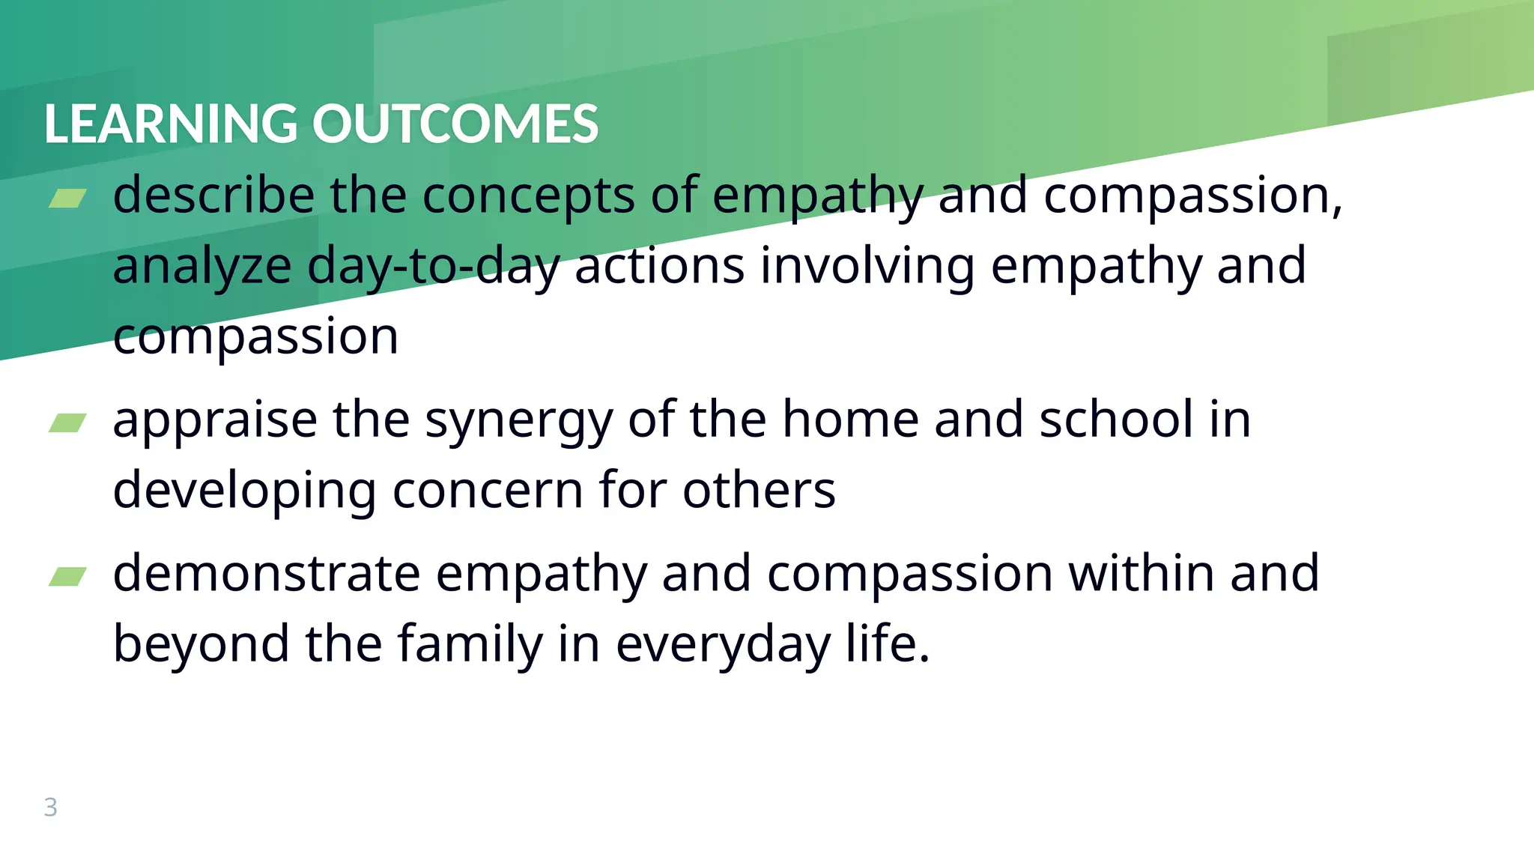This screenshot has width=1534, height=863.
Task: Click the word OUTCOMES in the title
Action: (x=455, y=124)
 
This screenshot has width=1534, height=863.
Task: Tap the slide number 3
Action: (x=50, y=808)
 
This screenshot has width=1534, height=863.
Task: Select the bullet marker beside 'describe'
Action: (x=67, y=199)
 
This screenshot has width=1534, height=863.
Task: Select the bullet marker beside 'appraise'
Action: (x=67, y=423)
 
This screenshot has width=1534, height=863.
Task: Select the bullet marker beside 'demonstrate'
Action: (x=67, y=576)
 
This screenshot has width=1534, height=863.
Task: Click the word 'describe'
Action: (x=213, y=196)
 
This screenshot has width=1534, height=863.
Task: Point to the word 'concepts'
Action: (x=528, y=197)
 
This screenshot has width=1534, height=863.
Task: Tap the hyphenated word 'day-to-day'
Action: (x=433, y=267)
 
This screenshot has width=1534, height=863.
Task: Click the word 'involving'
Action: (x=867, y=267)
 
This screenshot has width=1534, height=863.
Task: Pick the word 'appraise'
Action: (x=215, y=422)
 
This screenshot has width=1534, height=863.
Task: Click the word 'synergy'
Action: (x=518, y=422)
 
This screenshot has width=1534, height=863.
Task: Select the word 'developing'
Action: (x=244, y=492)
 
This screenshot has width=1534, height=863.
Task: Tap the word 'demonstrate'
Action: (x=267, y=574)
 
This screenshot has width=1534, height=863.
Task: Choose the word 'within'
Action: (x=1141, y=574)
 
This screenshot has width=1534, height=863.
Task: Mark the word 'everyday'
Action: (x=723, y=647)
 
